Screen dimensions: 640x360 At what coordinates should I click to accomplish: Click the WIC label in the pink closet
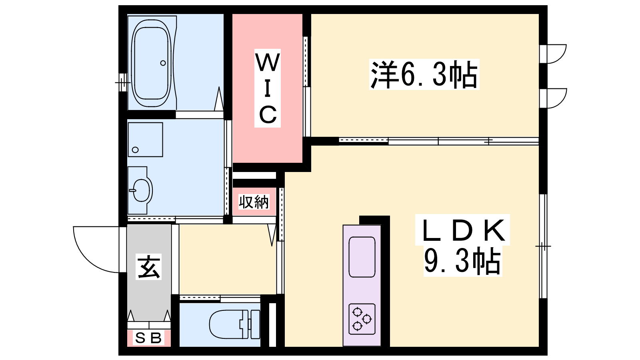[268, 88]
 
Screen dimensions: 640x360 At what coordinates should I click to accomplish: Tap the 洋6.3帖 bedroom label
[424, 74]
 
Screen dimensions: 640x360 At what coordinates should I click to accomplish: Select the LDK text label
[463, 230]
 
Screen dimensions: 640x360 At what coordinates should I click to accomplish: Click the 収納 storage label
[254, 202]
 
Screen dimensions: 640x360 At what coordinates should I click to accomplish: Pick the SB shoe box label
[148, 338]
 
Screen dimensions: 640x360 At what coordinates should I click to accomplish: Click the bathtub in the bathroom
[152, 63]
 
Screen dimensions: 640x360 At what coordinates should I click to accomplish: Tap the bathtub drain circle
[163, 63]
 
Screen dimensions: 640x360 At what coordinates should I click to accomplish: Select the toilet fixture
[234, 324]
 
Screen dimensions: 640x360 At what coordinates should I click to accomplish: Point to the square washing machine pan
[146, 140]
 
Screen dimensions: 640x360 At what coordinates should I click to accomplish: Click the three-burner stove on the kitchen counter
[362, 319]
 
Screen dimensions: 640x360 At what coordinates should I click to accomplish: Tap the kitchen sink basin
[362, 257]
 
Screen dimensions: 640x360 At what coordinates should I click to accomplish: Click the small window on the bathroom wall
[122, 82]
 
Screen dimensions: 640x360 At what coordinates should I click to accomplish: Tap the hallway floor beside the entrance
[228, 259]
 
